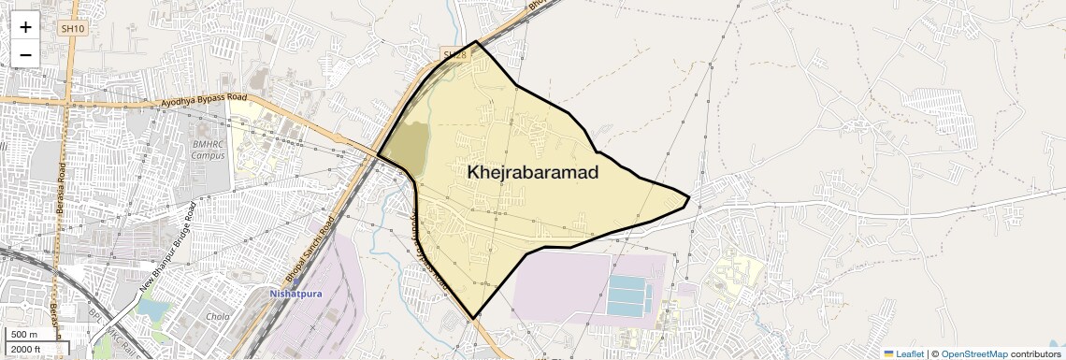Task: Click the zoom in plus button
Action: point(25,27)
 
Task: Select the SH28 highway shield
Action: point(454,55)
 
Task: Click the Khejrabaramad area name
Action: point(532,173)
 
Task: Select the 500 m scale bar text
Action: point(24,335)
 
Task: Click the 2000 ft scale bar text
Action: point(27,350)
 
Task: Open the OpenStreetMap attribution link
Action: point(973,353)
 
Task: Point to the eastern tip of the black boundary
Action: point(689,197)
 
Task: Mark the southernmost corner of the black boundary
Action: point(474,318)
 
